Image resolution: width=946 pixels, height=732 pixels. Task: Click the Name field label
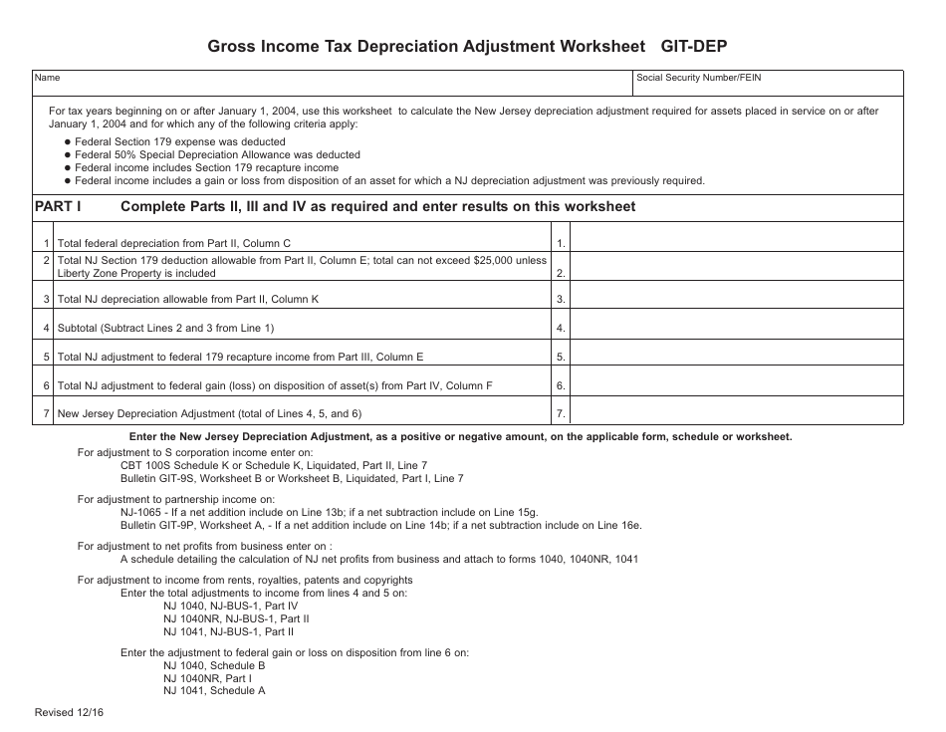click(47, 78)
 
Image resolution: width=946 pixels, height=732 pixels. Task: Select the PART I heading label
click(57, 207)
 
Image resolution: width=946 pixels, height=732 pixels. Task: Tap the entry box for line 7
click(738, 413)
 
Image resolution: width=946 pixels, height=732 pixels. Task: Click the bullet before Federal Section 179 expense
click(66, 142)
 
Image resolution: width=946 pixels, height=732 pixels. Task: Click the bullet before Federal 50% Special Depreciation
click(66, 155)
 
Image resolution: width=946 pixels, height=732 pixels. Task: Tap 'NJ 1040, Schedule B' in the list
click(214, 665)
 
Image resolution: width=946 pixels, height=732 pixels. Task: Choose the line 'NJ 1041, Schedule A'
click(214, 690)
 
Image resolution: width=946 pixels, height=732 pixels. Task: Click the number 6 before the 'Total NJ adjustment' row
click(46, 385)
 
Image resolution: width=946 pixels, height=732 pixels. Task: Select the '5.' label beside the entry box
click(562, 357)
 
